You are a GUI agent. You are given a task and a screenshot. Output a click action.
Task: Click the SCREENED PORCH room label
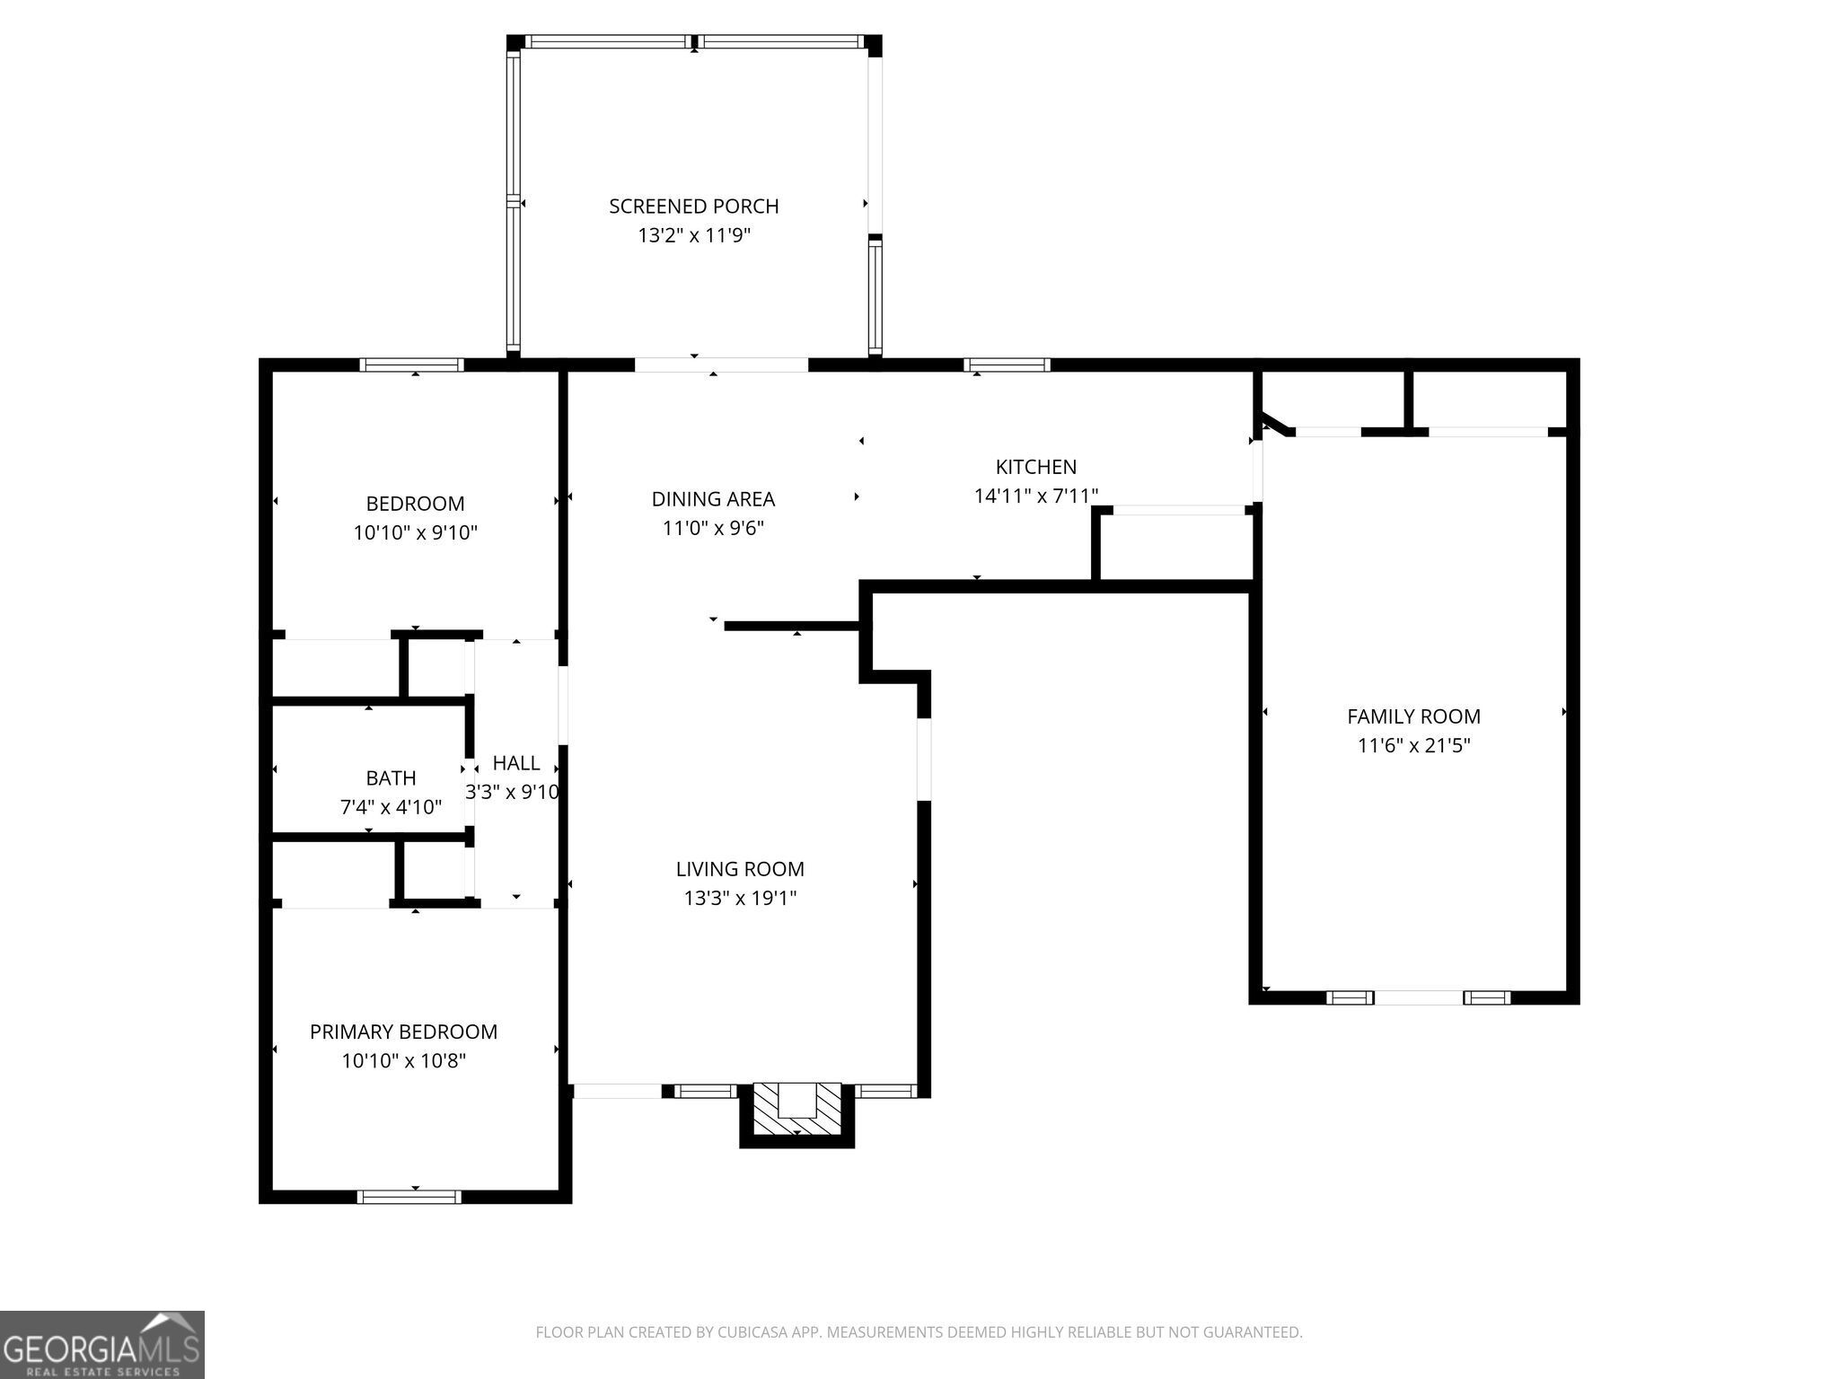[x=693, y=206]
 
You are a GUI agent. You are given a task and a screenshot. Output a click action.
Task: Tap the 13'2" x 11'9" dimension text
[x=693, y=236]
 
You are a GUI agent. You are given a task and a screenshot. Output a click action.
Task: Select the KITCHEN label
[x=1035, y=467]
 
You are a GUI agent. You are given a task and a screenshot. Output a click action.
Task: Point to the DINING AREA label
[x=713, y=499]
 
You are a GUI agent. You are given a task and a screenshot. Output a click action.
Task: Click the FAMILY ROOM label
[x=1413, y=716]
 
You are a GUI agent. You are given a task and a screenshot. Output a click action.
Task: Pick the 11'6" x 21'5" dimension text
[x=1413, y=745]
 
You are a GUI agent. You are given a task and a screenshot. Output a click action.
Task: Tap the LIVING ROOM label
[x=740, y=869]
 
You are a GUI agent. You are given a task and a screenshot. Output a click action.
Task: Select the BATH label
[x=391, y=778]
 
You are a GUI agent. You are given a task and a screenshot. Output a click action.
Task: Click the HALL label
[x=516, y=763]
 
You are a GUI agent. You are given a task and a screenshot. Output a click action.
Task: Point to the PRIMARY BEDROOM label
[x=403, y=1032]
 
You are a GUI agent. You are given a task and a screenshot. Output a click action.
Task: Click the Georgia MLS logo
[x=101, y=1345]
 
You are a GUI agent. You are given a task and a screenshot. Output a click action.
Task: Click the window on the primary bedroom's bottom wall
[x=409, y=1197]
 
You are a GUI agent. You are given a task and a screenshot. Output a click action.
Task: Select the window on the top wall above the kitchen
[x=1007, y=365]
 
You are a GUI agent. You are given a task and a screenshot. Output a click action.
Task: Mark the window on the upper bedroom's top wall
[x=412, y=365]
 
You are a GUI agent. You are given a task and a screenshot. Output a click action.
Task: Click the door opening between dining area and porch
[x=721, y=365]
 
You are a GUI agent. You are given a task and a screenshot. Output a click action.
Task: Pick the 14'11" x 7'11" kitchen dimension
[x=1035, y=496]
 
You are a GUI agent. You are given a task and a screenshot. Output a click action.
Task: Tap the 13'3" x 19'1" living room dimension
[x=740, y=898]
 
